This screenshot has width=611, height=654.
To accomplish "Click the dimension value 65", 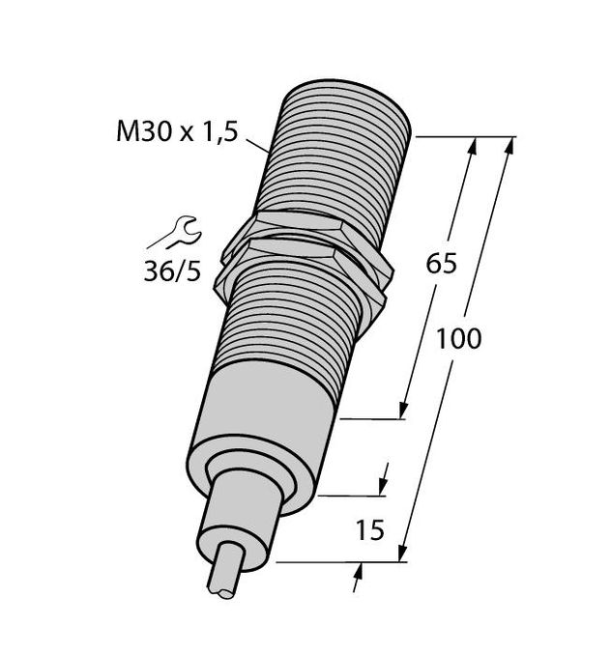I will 440,265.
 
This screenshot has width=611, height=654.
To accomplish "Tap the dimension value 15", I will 369,529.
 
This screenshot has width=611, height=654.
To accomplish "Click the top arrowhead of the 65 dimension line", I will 472,147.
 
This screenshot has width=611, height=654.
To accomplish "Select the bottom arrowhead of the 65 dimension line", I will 403,410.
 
